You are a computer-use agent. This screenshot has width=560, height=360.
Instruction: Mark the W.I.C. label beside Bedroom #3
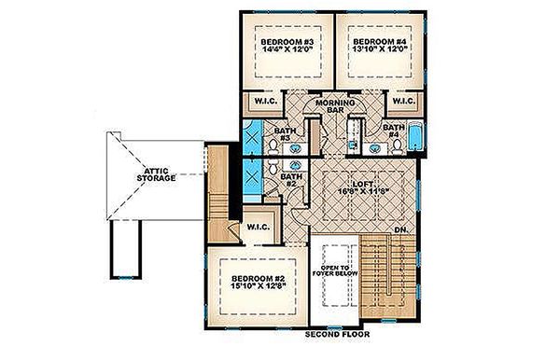[x=257, y=102]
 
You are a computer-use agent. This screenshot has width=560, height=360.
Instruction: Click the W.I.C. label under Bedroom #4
[x=403, y=102]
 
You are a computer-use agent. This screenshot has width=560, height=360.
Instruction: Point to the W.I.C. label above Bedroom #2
[x=257, y=227]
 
